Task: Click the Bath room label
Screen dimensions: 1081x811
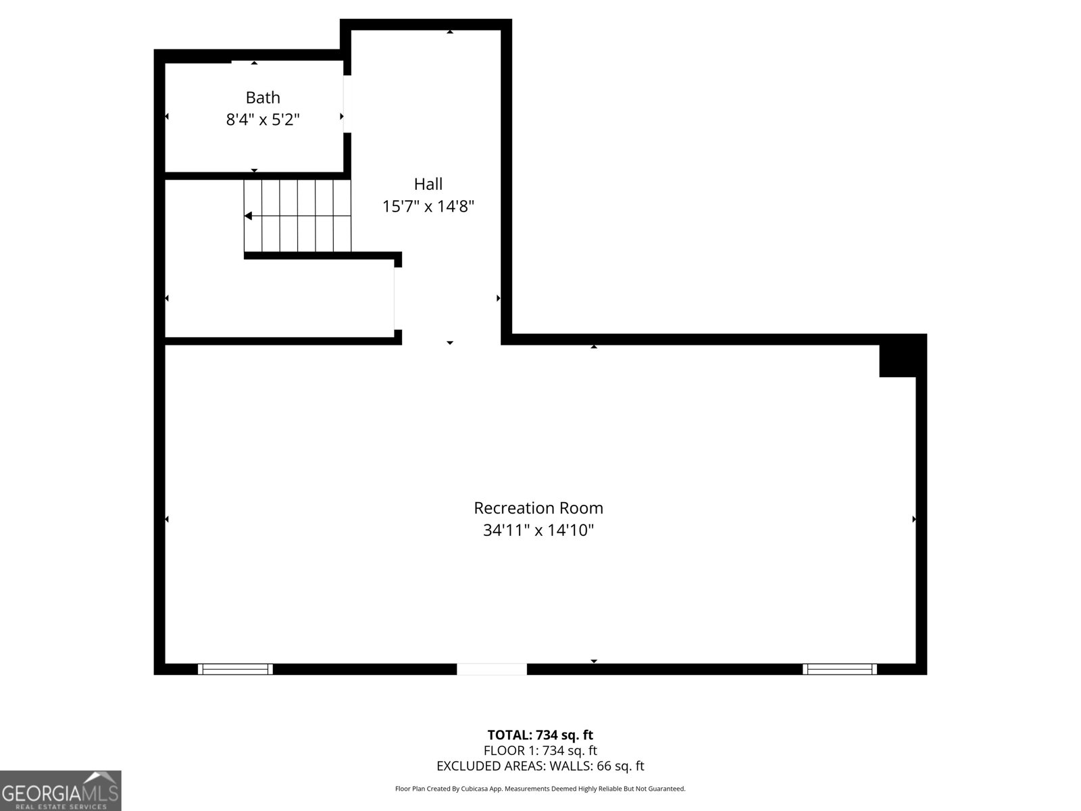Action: tap(263, 97)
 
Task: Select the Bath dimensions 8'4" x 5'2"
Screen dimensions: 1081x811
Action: tap(263, 120)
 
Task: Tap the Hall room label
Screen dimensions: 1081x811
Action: tap(428, 184)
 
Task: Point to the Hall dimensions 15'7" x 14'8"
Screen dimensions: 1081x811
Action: tap(428, 206)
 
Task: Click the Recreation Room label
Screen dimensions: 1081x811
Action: tap(538, 508)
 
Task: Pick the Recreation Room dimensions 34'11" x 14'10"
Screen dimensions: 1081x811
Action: tap(538, 530)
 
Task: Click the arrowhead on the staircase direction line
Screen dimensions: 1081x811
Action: tap(248, 216)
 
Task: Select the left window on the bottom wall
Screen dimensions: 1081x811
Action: tap(235, 669)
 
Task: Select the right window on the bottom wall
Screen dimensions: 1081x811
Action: tap(840, 669)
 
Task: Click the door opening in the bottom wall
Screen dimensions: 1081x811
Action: tap(491, 669)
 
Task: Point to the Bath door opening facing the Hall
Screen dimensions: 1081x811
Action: tap(347, 104)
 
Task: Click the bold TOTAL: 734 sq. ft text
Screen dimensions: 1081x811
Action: tap(540, 735)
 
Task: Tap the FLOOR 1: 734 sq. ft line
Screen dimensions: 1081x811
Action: tap(540, 750)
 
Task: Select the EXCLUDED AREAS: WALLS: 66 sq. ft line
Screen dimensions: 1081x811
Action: tap(540, 766)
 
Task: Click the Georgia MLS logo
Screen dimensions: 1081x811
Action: tap(61, 790)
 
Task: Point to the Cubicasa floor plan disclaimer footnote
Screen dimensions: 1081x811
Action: tap(540, 789)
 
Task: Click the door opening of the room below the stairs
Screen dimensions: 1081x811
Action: tap(397, 299)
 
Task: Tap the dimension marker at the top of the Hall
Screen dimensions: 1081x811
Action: tap(450, 32)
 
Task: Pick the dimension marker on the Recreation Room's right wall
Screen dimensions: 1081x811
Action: tap(914, 519)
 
